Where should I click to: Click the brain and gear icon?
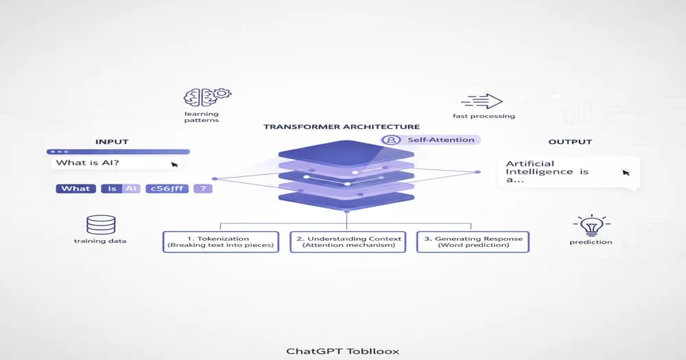pos(207,96)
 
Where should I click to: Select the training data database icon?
pos(101,224)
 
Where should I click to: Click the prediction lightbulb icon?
pos(590,225)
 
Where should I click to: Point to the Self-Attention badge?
pos(431,140)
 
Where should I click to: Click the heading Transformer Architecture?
pos(342,127)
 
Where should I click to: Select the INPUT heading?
pos(111,142)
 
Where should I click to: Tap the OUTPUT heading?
pos(570,142)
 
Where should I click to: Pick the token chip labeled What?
pos(75,189)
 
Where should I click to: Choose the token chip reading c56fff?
pos(167,189)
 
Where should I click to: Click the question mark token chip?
pos(203,189)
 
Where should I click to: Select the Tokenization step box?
pos(221,241)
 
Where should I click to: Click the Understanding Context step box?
pos(346,241)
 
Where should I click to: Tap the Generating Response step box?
pos(473,241)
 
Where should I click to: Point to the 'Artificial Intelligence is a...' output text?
pos(547,171)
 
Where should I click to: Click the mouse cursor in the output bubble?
pos(625,172)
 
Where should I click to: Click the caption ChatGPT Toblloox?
pos(342,351)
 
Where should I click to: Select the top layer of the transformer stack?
pos(346,152)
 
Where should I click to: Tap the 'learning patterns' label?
pos(201,117)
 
